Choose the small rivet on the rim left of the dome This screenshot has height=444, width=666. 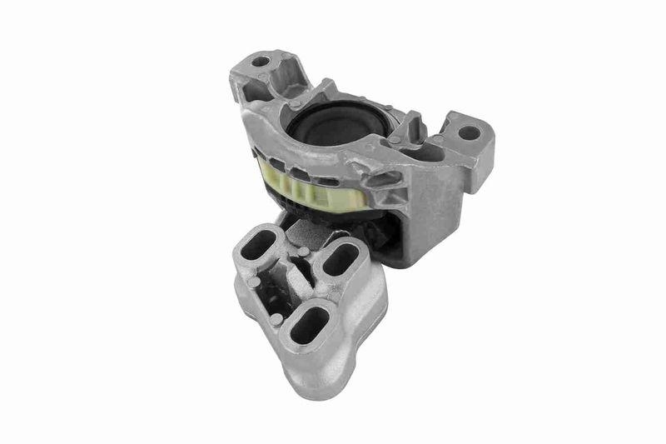296,103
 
